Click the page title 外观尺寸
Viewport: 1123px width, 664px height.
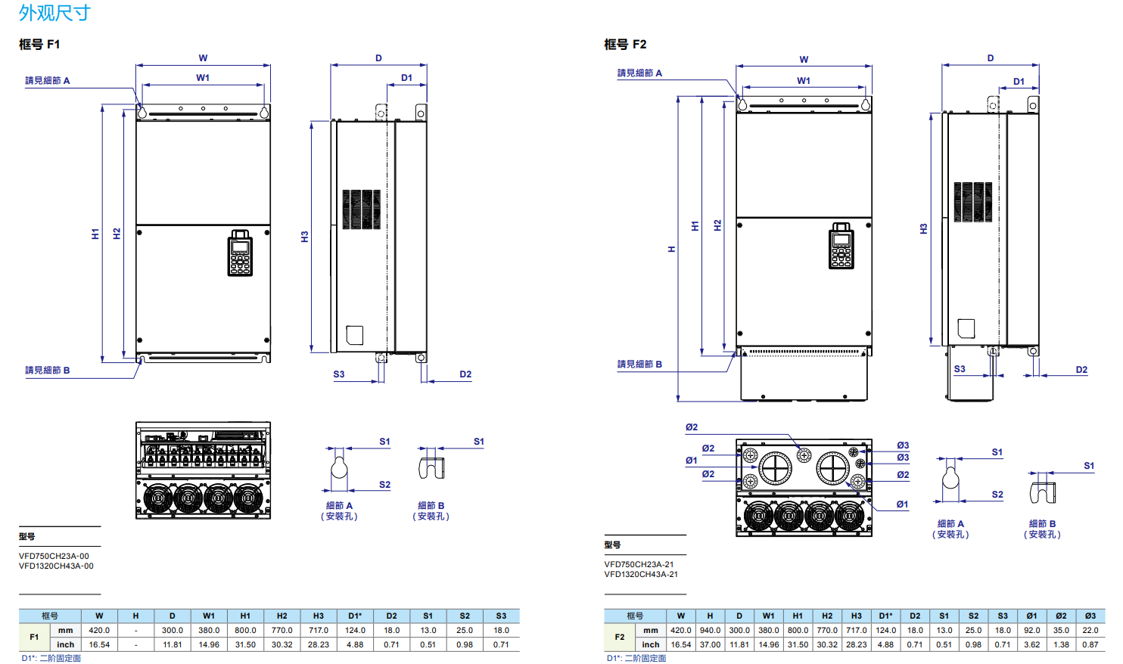coord(54,13)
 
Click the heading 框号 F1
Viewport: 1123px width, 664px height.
coord(39,45)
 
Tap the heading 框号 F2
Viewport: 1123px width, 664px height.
coord(625,45)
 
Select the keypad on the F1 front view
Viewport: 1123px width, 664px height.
coord(240,253)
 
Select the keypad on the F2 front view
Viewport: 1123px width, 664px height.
coord(841,246)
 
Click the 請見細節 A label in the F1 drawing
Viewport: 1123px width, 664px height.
coord(47,81)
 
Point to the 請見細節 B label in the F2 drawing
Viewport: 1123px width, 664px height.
coord(639,365)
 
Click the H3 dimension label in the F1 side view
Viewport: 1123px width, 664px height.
coord(305,237)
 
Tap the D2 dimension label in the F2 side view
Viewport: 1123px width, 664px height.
coord(1081,370)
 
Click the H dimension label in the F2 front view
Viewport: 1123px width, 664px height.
coord(671,249)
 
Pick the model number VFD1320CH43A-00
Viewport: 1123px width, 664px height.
coord(56,566)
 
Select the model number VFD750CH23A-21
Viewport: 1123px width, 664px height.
coord(639,564)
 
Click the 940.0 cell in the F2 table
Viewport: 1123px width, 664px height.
coord(710,630)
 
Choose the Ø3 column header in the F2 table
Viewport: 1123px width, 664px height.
coord(1090,616)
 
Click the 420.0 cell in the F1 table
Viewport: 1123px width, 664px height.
coord(99,630)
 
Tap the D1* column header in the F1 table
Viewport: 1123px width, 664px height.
coord(355,616)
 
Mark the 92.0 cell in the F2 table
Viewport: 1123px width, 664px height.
coord(1031,630)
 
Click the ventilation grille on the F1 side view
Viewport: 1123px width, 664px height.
coord(361,209)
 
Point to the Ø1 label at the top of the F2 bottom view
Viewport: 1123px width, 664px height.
coord(692,460)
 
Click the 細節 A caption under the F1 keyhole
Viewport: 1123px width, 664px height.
coord(339,506)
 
